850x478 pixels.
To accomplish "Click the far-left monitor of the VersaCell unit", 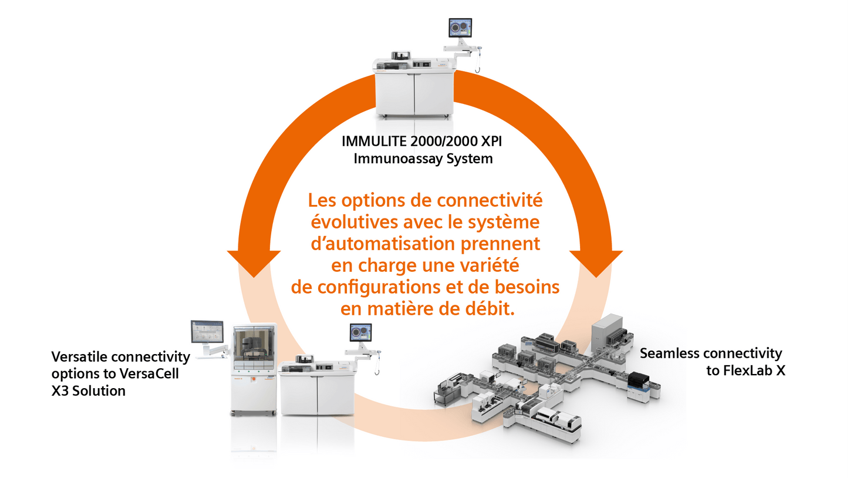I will point(207,332).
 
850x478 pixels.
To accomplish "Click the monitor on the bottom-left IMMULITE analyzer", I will point(361,332).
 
